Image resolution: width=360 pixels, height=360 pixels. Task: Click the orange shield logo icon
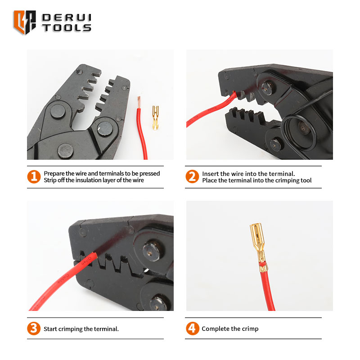(25, 22)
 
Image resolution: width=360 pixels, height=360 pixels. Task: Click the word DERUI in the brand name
(67, 18)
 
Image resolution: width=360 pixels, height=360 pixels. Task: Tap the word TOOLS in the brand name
(67, 28)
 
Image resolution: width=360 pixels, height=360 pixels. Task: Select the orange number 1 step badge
(34, 176)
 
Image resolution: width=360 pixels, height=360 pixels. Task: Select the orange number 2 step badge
(192, 176)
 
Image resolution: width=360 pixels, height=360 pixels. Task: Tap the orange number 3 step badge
(34, 328)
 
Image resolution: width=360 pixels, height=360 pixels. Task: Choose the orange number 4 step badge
(193, 328)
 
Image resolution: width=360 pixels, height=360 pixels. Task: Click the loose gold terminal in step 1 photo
(155, 117)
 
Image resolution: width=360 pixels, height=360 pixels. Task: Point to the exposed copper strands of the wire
(139, 102)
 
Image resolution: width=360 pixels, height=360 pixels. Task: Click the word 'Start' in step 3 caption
(50, 329)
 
